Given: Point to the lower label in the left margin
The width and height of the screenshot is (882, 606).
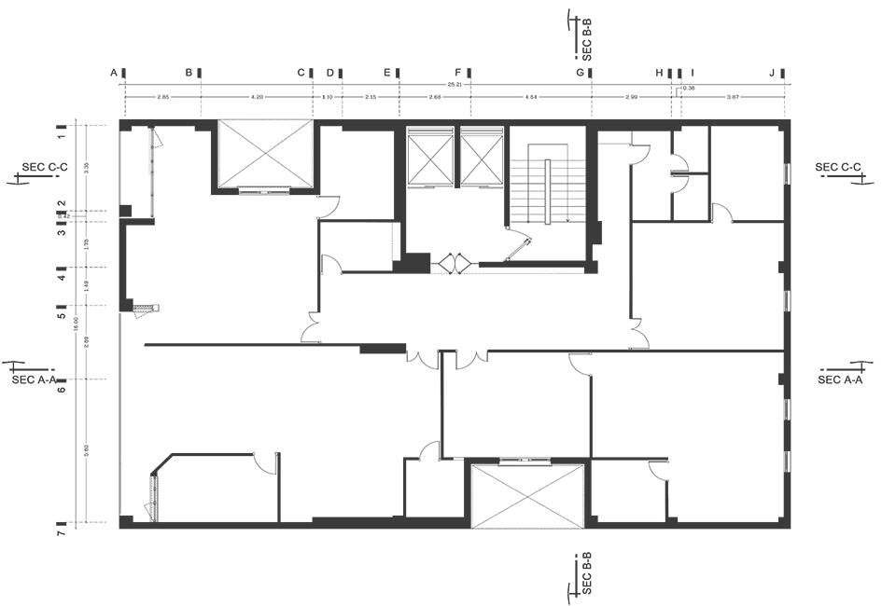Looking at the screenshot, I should pyautogui.click(x=41, y=378).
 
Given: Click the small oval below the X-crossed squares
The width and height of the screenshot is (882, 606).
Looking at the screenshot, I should pyautogui.click(x=455, y=260).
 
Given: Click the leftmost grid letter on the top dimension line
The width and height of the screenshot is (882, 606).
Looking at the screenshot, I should pyautogui.click(x=117, y=73).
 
